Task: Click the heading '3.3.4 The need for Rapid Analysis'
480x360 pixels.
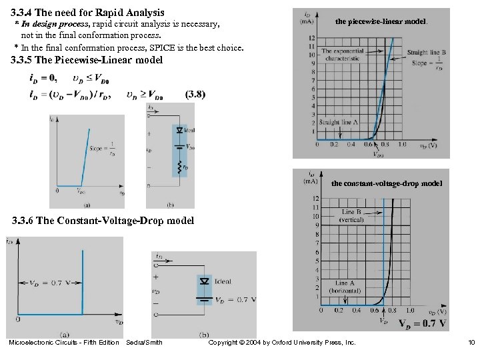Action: click(x=87, y=12)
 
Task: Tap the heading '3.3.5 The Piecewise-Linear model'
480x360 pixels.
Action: click(x=87, y=60)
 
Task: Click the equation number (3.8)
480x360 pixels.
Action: click(x=195, y=95)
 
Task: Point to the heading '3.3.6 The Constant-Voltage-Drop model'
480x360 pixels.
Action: click(x=103, y=221)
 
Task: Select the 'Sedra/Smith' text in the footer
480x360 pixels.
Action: click(x=144, y=343)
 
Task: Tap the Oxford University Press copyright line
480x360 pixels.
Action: click(x=282, y=343)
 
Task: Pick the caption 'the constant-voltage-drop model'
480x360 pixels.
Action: click(x=386, y=183)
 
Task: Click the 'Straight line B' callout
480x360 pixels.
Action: click(x=426, y=57)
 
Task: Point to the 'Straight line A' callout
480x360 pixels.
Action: click(x=339, y=122)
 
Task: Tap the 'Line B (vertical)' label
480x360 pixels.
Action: click(x=351, y=215)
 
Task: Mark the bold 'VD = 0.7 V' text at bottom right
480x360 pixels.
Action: click(x=422, y=324)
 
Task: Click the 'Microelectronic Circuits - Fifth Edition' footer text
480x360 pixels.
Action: click(x=63, y=343)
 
